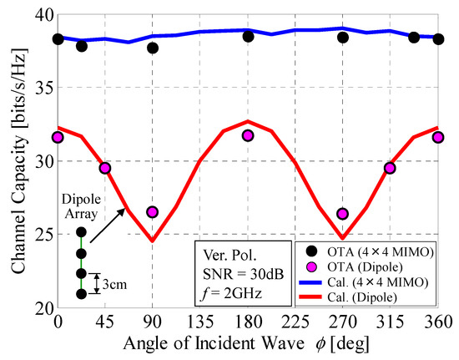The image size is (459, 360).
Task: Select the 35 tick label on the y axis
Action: point(40,88)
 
